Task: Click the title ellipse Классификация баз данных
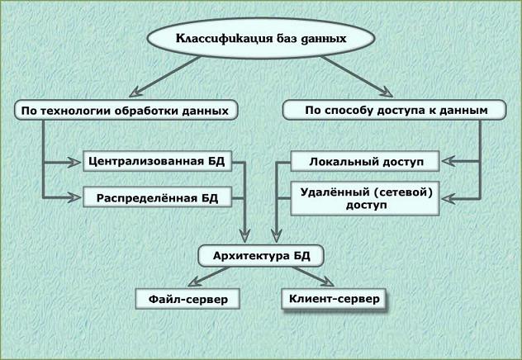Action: (x=261, y=38)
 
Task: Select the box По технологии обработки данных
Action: (x=126, y=110)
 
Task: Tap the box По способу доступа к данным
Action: (x=395, y=110)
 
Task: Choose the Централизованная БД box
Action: (x=157, y=161)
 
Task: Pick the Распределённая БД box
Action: (x=157, y=197)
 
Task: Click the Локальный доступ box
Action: (x=365, y=161)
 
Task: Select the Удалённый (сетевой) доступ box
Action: (x=365, y=198)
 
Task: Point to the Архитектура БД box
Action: (x=261, y=256)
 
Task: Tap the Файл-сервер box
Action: (x=187, y=299)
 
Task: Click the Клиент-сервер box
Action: (x=334, y=299)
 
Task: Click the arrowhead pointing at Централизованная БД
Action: (x=74, y=162)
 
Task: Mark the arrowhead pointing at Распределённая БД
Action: (x=74, y=197)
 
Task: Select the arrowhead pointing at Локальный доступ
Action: (x=448, y=161)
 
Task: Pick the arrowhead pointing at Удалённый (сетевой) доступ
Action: (x=448, y=198)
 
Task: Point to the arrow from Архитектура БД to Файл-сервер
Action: (x=209, y=277)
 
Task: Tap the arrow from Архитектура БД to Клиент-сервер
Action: (x=313, y=277)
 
